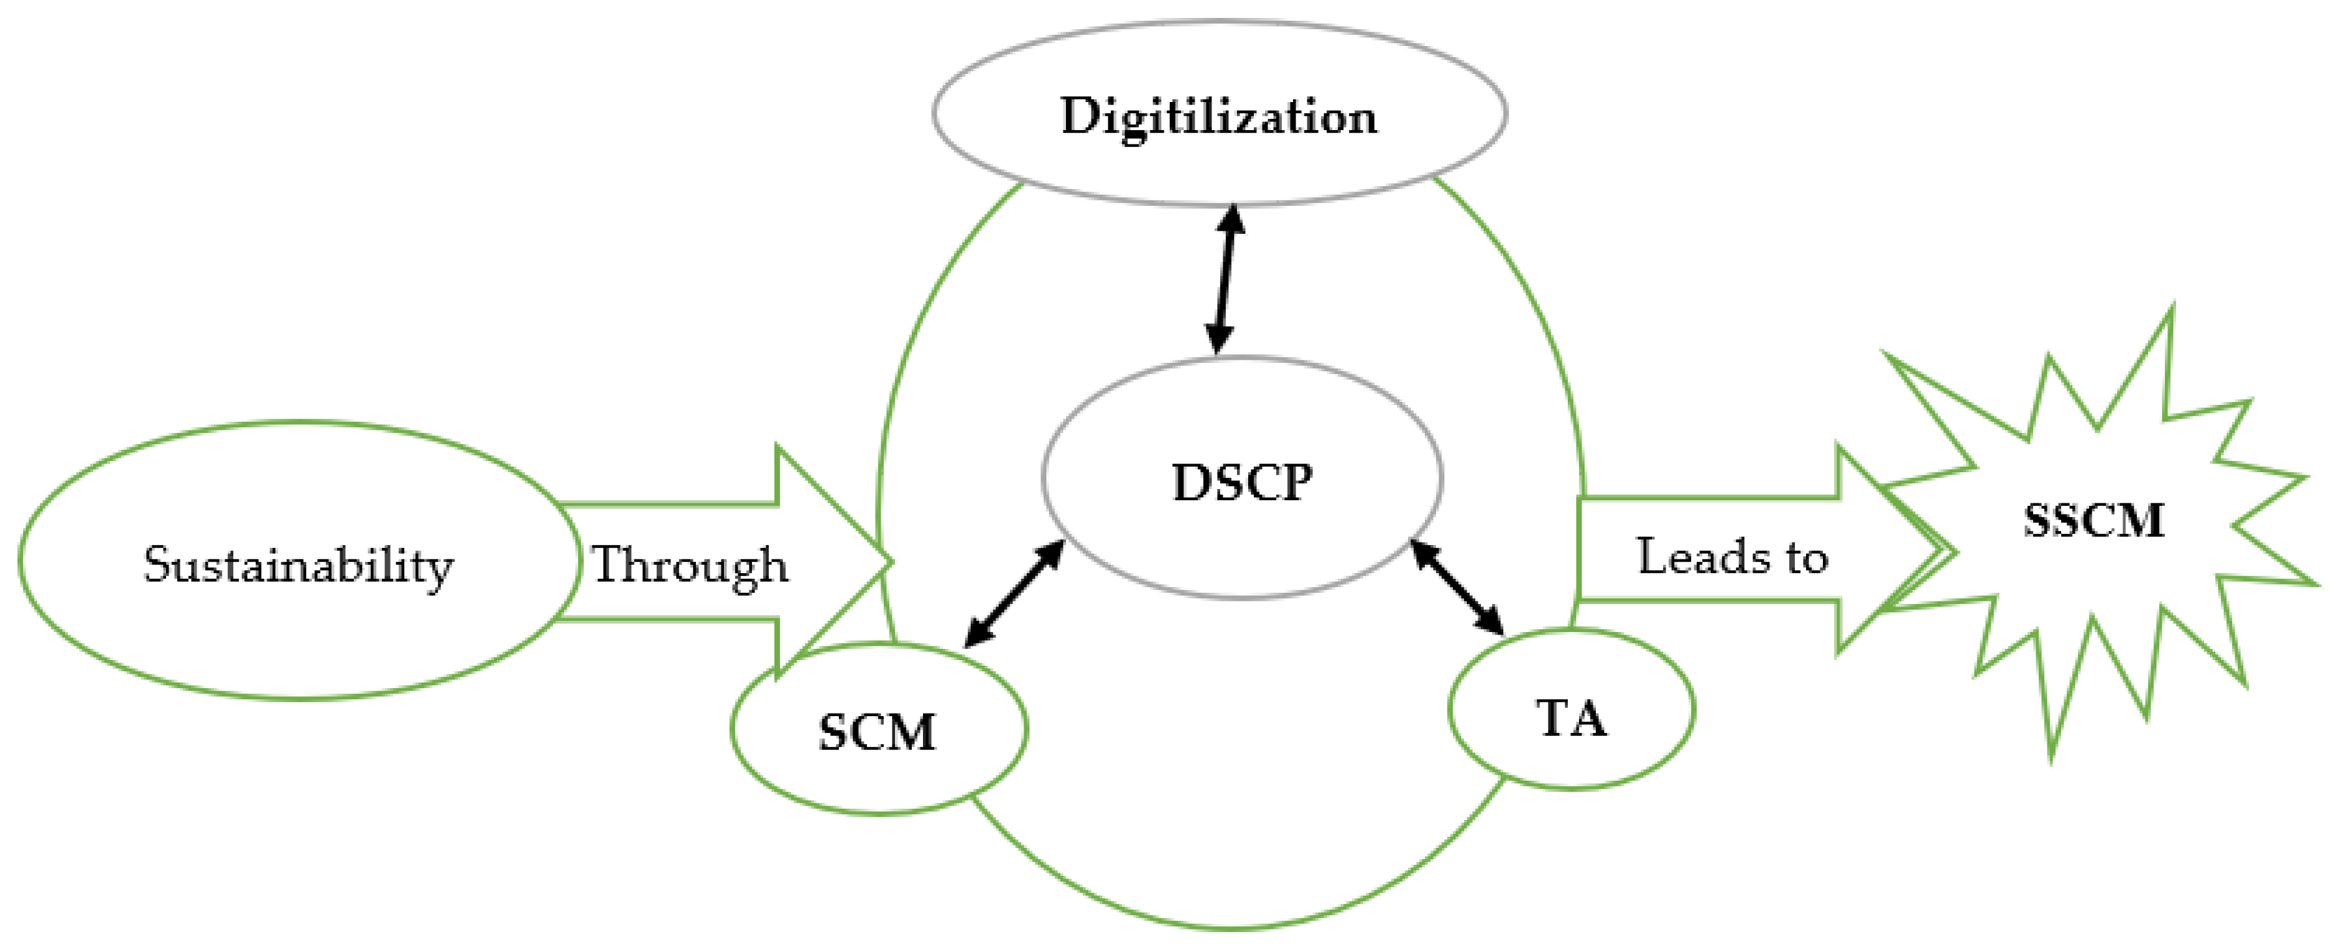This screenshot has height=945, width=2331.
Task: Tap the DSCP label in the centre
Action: coord(1241,483)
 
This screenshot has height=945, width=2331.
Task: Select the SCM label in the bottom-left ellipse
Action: coord(877,732)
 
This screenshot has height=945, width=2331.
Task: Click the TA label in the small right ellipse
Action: coord(1572,720)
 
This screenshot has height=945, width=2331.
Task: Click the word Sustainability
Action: coord(298,566)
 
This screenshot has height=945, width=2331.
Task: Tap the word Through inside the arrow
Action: coord(690,566)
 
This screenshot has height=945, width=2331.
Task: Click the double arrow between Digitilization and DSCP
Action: coord(1225,279)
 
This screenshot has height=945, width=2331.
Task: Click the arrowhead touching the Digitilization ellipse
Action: coord(1231,217)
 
